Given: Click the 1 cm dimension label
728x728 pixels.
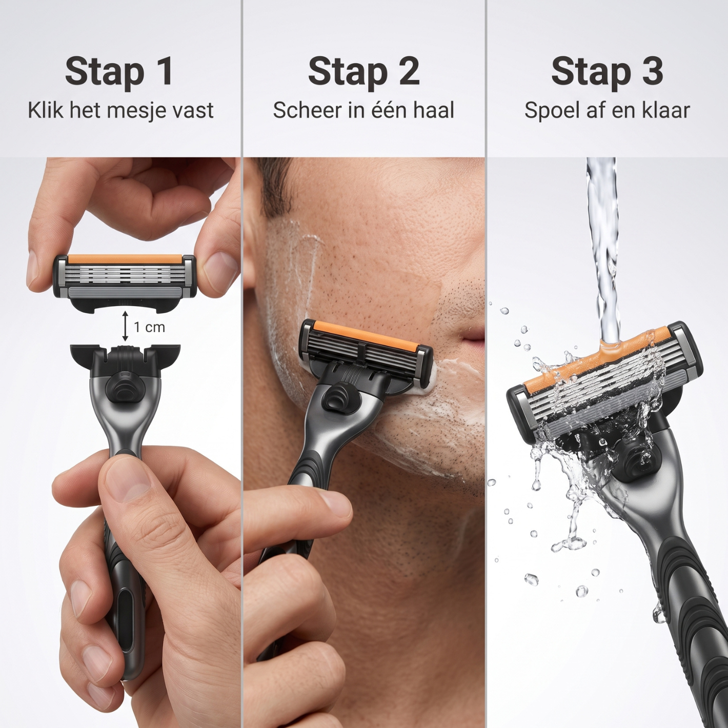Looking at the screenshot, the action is (x=150, y=327).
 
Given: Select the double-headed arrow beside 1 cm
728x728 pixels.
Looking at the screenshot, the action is (x=125, y=326).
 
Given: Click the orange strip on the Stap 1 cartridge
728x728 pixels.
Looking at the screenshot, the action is (x=124, y=259).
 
